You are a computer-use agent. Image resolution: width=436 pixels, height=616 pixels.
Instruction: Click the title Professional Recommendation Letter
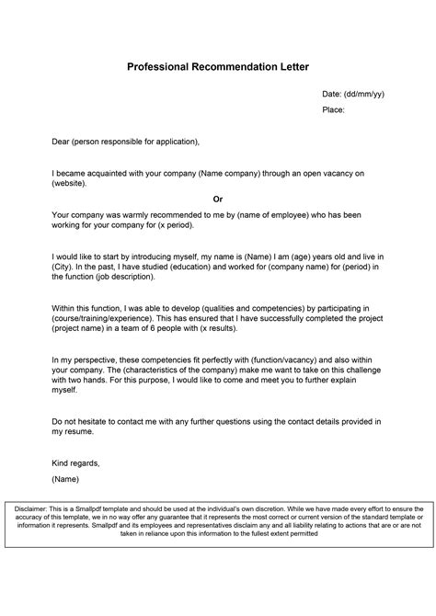point(218,67)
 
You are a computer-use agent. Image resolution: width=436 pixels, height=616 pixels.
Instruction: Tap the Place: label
point(334,109)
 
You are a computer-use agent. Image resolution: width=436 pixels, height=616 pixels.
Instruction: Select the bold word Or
point(218,198)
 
